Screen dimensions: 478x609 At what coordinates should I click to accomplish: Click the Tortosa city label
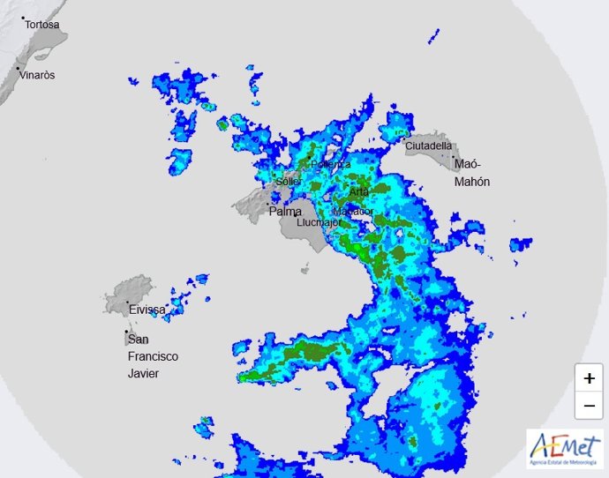[42, 25]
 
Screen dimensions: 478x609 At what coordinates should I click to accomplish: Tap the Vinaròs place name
[39, 75]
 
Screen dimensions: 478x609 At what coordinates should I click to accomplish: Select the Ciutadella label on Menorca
[429, 146]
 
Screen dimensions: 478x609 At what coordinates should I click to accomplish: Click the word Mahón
[471, 182]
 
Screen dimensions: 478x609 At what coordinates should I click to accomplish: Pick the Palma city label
[285, 212]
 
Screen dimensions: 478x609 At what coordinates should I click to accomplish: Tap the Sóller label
[289, 182]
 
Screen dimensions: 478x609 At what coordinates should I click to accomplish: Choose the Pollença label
[330, 164]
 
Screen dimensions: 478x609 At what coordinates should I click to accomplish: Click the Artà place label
[358, 191]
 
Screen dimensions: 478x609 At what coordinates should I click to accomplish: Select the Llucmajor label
[319, 223]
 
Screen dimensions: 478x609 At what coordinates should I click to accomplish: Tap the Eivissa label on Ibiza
[147, 310]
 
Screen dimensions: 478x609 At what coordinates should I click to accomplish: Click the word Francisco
[153, 356]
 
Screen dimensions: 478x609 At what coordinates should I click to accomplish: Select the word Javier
[145, 373]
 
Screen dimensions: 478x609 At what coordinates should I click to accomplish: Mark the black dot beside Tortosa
[23, 18]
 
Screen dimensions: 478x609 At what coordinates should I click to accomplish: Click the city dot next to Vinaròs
[18, 68]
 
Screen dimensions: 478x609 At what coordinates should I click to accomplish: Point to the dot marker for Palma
[268, 205]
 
